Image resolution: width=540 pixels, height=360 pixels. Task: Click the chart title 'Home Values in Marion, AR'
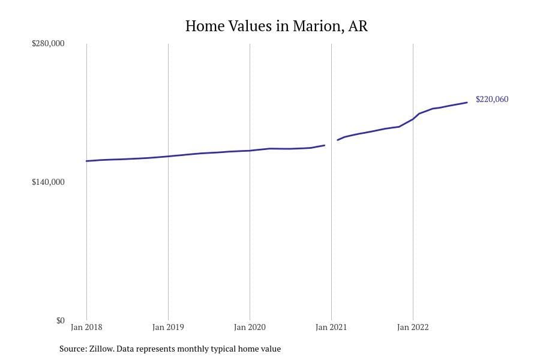coord(276,26)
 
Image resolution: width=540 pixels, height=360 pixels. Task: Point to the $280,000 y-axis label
coord(48,44)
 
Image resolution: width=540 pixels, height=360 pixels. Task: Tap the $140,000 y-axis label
coord(48,182)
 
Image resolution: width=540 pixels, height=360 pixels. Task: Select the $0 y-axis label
coord(60,320)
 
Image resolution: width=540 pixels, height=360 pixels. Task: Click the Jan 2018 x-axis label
coord(86,328)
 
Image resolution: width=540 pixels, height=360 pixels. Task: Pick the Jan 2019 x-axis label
coord(168,328)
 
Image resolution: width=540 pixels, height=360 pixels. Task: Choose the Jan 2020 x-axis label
coord(250,328)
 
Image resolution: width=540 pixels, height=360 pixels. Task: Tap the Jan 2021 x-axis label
coord(331,328)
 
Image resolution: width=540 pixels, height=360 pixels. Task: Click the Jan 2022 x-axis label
coord(413,328)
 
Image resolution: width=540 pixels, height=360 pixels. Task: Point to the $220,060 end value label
coord(492,100)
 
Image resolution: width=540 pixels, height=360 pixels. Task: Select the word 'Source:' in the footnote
coord(72,349)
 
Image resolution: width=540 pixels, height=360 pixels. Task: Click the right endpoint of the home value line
coord(467,103)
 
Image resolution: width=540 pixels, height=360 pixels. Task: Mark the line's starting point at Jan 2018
coord(86,161)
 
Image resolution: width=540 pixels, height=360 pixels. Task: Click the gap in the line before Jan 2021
coord(331,143)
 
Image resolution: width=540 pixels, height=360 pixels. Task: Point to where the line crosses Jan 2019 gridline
coord(168,156)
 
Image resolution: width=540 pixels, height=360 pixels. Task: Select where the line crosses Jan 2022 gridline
coord(413,118)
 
